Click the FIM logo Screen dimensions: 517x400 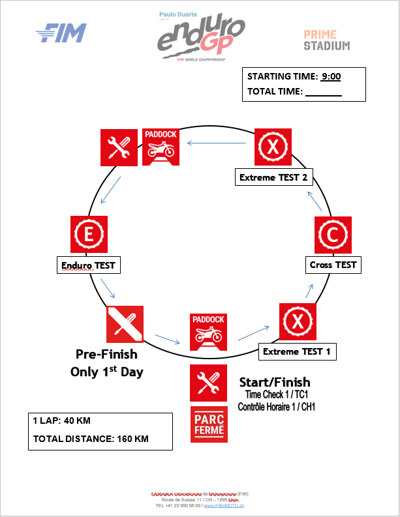pyautogui.click(x=61, y=33)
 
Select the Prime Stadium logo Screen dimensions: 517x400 pyautogui.click(x=326, y=40)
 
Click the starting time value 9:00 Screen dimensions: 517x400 pyautogui.click(x=331, y=76)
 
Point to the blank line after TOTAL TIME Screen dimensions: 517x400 pyautogui.click(x=324, y=92)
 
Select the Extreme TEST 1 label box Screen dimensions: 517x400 pyautogui.click(x=297, y=351)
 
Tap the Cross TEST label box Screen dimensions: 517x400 pyautogui.click(x=333, y=265)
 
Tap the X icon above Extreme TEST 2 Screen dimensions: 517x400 pyautogui.click(x=271, y=147)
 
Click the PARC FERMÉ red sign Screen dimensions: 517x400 pyautogui.click(x=209, y=424)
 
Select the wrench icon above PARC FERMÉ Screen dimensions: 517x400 pyautogui.click(x=209, y=383)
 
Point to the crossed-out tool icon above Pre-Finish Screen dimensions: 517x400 pyautogui.click(x=125, y=324)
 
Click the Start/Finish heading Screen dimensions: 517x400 pyautogui.click(x=275, y=382)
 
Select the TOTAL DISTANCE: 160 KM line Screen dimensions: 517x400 pyautogui.click(x=91, y=439)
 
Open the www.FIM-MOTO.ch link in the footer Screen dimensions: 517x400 pyautogui.click(x=224, y=505)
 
